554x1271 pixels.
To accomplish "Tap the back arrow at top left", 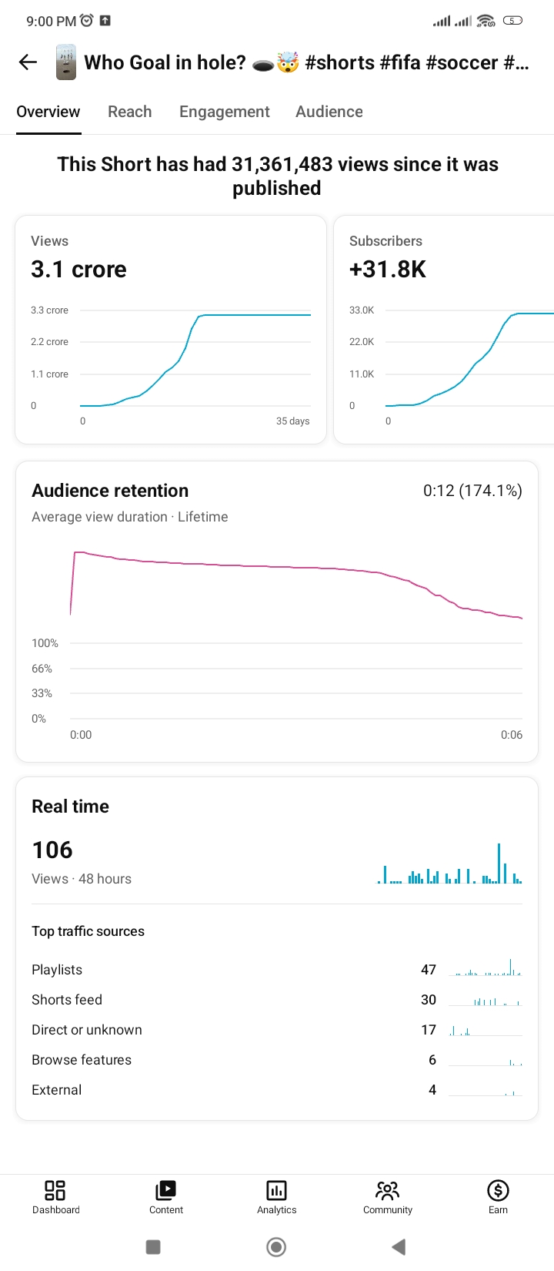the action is click(x=28, y=62).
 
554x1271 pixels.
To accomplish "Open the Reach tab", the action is click(x=130, y=111).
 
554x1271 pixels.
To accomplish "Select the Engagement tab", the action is click(x=225, y=112).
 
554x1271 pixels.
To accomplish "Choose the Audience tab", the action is click(x=329, y=111).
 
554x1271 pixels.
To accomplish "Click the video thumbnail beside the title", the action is click(x=65, y=62).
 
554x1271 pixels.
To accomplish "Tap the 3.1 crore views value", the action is click(x=78, y=269).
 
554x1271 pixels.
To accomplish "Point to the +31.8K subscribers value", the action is click(x=387, y=269).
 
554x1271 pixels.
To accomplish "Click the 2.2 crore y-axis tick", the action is click(x=49, y=341).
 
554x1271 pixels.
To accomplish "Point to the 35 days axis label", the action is click(x=292, y=421).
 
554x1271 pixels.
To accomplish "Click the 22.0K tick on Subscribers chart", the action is click(x=362, y=341).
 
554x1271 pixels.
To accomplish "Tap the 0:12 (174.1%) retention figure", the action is click(x=472, y=490).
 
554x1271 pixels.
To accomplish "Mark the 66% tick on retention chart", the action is click(x=42, y=669).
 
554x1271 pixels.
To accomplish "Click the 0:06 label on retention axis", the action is click(x=512, y=735).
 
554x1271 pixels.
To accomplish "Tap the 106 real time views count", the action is click(x=52, y=850).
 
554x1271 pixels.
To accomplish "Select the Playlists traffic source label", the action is click(x=57, y=970).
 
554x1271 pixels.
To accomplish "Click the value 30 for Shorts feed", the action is click(x=429, y=1000).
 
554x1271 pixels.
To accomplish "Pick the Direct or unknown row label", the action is click(x=87, y=1030).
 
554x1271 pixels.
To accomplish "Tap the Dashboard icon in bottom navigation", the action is click(x=55, y=1190).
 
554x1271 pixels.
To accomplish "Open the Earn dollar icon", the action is click(x=498, y=1190).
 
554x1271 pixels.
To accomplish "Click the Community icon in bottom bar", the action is click(x=388, y=1190).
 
